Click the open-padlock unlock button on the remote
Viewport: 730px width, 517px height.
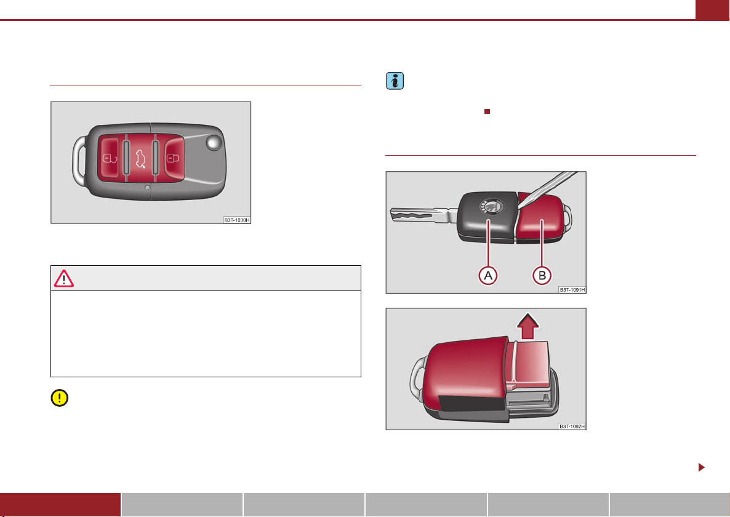[x=111, y=158]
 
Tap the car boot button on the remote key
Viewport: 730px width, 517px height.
[x=140, y=159]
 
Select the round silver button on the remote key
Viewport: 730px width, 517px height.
[x=214, y=143]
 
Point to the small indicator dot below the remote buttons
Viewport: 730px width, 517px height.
[x=147, y=188]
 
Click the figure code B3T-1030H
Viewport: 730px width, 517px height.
[x=237, y=220]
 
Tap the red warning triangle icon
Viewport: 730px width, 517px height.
[x=64, y=278]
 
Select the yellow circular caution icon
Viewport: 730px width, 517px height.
[x=60, y=398]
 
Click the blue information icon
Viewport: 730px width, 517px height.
[x=395, y=81]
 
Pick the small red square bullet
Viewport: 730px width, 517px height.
[x=487, y=111]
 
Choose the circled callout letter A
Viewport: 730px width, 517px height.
[x=488, y=275]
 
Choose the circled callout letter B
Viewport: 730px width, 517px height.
[x=542, y=275]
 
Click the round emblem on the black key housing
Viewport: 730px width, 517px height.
[x=492, y=206]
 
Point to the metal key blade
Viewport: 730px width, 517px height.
[x=419, y=215]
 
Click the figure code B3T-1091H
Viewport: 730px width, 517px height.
[x=572, y=289]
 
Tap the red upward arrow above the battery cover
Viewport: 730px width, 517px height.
[x=527, y=326]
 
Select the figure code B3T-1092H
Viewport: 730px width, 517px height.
[x=572, y=427]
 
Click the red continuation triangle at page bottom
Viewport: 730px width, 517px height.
[x=702, y=467]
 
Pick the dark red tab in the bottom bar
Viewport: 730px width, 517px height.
[x=60, y=505]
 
